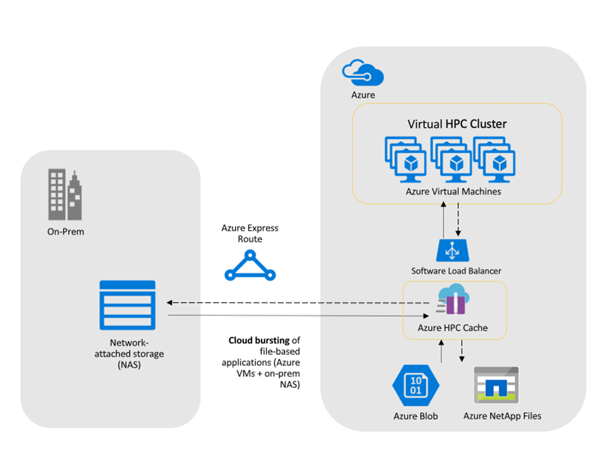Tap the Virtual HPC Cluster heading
pyautogui.click(x=457, y=124)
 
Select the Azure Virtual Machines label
pyautogui.click(x=453, y=192)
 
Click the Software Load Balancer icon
pyautogui.click(x=453, y=250)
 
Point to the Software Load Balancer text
pyautogui.click(x=456, y=271)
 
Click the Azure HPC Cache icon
pyautogui.click(x=453, y=300)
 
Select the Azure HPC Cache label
pyautogui.click(x=453, y=328)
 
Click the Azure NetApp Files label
pyautogui.click(x=502, y=416)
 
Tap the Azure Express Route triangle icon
pyautogui.click(x=250, y=265)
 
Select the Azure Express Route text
pyautogui.click(x=250, y=233)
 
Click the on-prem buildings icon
pyautogui.click(x=65, y=192)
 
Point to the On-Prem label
pyautogui.click(x=66, y=232)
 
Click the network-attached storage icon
pyautogui.click(x=128, y=305)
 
